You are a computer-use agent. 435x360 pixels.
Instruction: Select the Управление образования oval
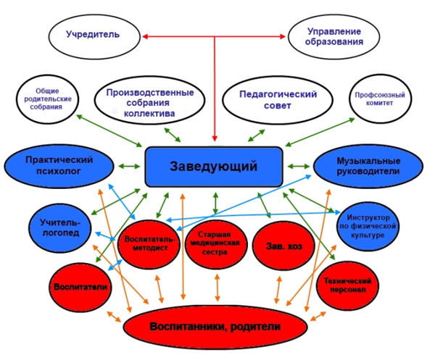pyautogui.click(x=334, y=35)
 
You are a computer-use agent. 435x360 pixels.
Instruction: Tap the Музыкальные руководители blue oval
pyautogui.click(x=368, y=166)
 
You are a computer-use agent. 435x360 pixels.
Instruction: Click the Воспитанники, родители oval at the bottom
pyautogui.click(x=215, y=327)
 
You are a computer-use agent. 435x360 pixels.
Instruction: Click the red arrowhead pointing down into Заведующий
pyautogui.click(x=215, y=138)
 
